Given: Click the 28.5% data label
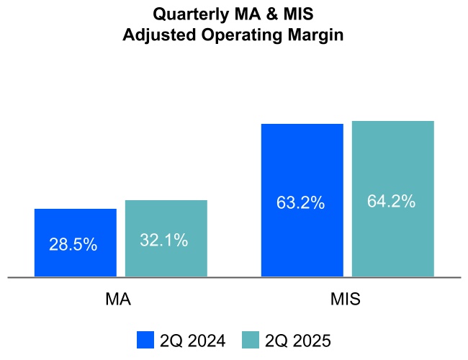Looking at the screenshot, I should tap(73, 244).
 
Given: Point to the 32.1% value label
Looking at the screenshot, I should tap(164, 240).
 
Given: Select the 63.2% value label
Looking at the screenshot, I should tap(300, 203).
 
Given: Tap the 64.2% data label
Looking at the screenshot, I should tap(391, 202).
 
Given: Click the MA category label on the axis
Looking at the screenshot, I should tap(118, 299).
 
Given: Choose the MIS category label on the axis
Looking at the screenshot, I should tap(346, 299).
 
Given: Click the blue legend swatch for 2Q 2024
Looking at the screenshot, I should tap(145, 340).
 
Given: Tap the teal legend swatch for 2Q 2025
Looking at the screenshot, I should tap(250, 340).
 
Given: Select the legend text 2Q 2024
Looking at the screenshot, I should tap(193, 340).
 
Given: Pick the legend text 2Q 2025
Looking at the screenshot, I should tap(297, 340).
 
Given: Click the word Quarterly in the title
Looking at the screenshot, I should tap(189, 14).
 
